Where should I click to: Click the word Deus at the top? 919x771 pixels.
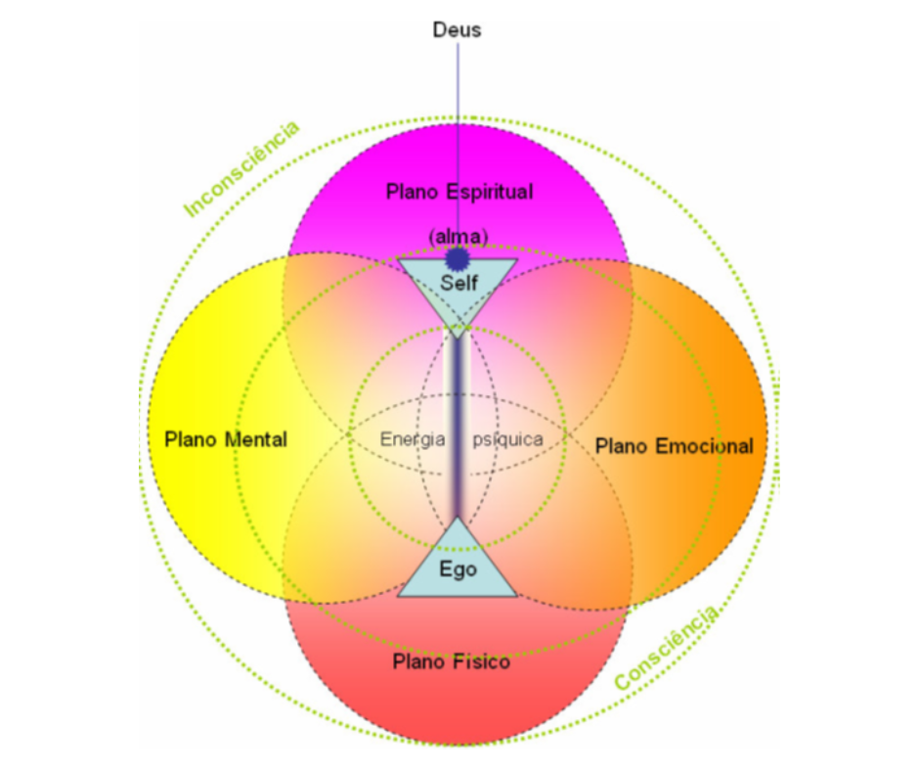coord(457,30)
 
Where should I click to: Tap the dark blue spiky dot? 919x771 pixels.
coord(457,258)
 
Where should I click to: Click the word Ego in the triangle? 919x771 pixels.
coord(457,569)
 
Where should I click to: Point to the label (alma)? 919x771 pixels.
coord(458,236)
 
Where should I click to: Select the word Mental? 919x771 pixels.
coord(256,440)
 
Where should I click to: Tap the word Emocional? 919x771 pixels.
coord(704,446)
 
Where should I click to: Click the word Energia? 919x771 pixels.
coord(413,439)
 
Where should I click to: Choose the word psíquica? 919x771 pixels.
coord(507,439)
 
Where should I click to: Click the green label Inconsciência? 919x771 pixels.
coord(241,168)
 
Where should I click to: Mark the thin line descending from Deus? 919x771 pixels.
coord(457,127)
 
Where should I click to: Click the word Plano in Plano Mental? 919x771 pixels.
coord(195,440)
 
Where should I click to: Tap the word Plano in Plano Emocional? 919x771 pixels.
coord(623,446)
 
